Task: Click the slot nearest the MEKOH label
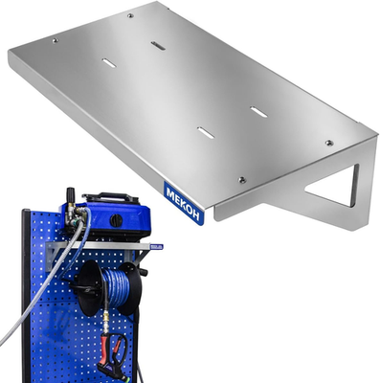(x=206, y=132)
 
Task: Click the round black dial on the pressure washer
(x=115, y=220)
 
